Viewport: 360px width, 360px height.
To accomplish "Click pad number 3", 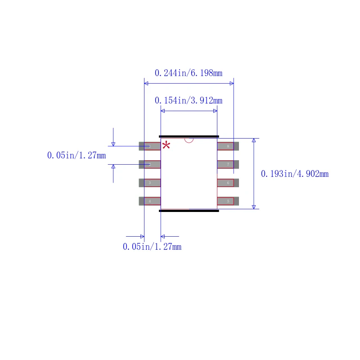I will point(149,183).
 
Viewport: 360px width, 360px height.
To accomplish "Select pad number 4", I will point(149,201).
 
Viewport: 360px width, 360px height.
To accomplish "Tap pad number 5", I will point(228,201).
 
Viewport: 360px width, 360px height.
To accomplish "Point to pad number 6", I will point(228,183).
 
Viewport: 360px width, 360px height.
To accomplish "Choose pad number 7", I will point(228,164).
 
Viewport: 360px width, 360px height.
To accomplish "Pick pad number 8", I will point(228,146).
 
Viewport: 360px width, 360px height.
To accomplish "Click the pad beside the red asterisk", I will point(149,146).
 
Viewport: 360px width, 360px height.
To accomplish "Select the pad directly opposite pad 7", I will point(149,164).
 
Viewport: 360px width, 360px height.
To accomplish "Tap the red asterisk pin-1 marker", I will point(166,145).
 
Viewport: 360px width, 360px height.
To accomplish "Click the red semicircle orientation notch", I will point(189,140).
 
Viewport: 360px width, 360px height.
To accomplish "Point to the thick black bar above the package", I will point(189,136).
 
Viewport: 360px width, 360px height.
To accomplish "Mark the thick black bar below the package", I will point(189,211).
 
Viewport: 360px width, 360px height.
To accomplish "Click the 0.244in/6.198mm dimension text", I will point(189,73).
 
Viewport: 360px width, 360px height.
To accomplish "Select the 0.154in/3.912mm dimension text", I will point(189,100).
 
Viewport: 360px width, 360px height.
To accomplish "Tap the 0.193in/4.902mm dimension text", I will point(295,174).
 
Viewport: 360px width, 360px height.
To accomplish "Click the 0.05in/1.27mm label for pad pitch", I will point(76,156).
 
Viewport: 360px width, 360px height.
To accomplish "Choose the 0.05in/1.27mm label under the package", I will point(152,247).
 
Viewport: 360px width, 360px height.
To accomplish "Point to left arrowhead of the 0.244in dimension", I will point(146,83).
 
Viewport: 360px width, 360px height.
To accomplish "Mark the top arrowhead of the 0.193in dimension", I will point(254,140).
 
